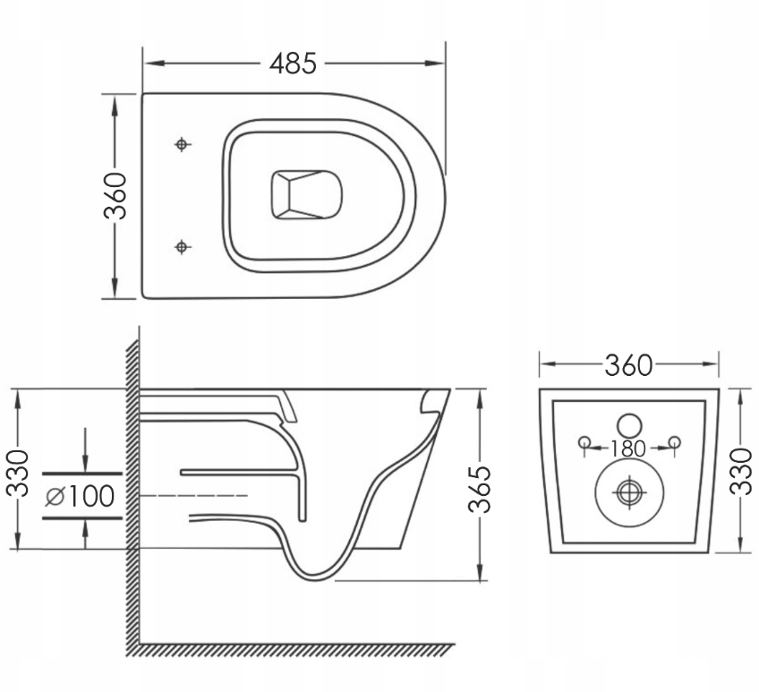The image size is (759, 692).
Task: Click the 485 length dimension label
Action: tap(294, 64)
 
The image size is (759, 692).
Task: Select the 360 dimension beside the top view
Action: tap(115, 196)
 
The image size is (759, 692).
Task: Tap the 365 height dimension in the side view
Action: tap(482, 488)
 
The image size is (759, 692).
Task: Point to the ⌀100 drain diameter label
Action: tap(81, 496)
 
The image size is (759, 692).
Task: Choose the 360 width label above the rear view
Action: tap(628, 364)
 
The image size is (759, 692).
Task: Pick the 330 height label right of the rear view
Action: tap(741, 472)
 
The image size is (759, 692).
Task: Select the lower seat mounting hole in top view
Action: tap(183, 245)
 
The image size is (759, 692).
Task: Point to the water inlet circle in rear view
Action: tap(630, 424)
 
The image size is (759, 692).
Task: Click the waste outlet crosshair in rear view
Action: tap(630, 491)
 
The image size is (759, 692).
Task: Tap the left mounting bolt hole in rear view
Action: tap(584, 441)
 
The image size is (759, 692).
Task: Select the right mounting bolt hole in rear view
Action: tap(675, 441)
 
